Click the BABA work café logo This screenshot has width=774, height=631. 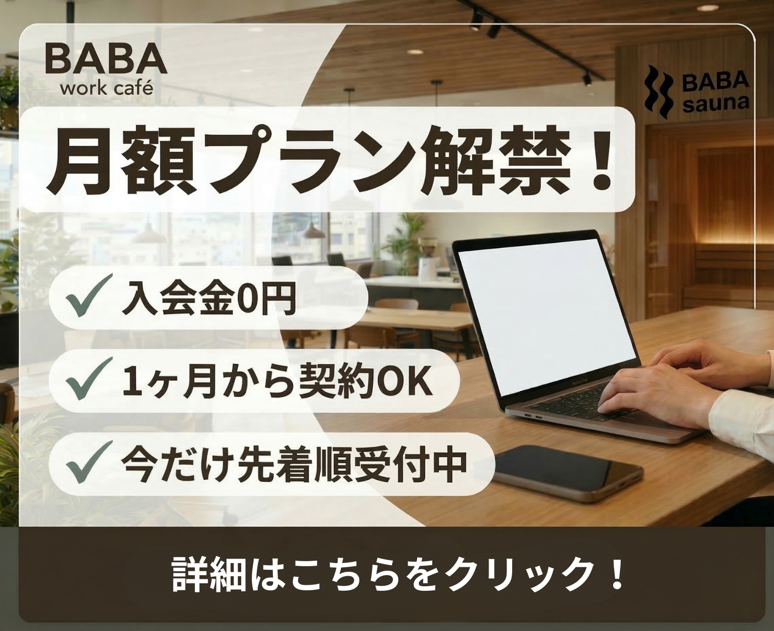[x=106, y=68]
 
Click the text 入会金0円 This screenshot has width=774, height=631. [x=208, y=299]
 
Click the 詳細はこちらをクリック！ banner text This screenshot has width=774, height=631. [x=397, y=572]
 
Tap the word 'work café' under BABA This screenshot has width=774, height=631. [x=106, y=89]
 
